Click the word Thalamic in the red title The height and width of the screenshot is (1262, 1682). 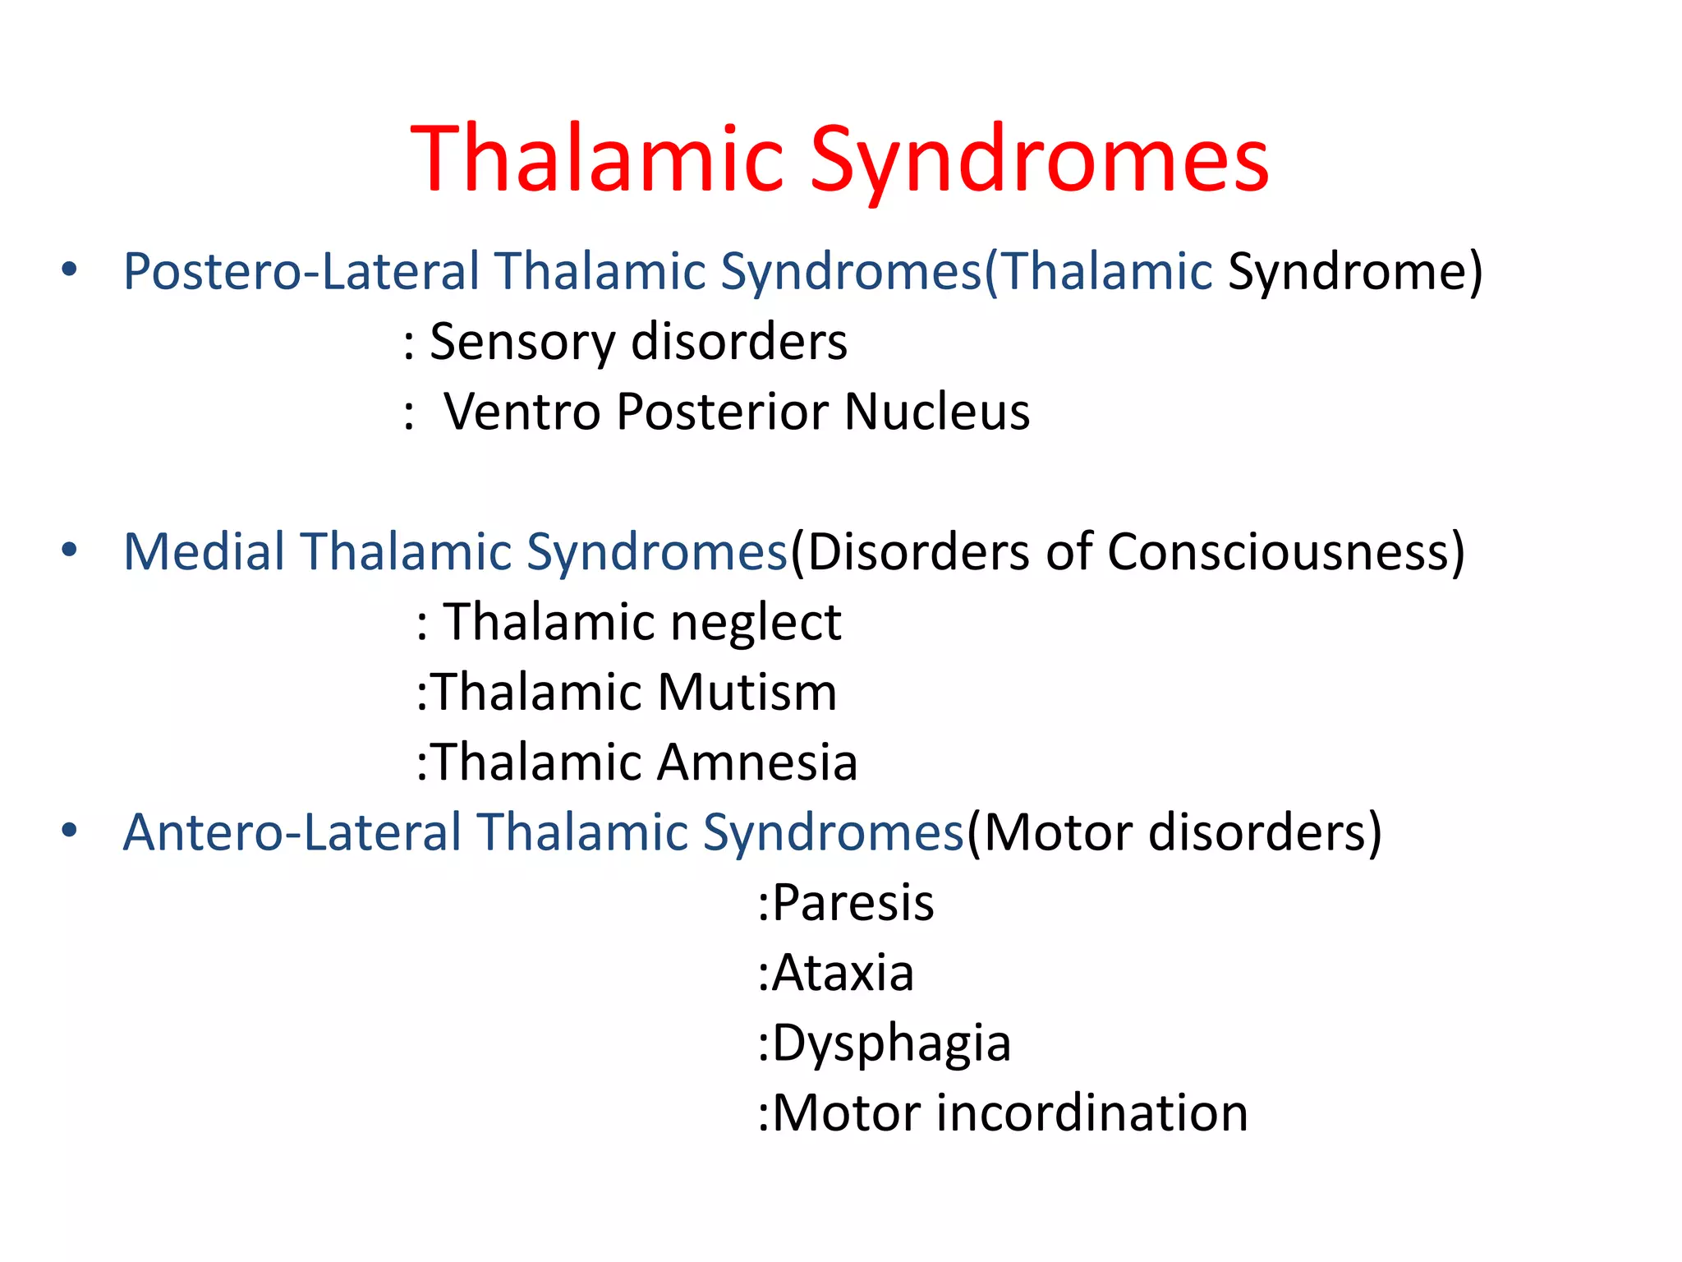pyautogui.click(x=597, y=159)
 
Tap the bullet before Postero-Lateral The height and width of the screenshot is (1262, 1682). pyautogui.click(x=69, y=269)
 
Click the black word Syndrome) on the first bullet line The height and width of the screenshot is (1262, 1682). pyautogui.click(x=1355, y=271)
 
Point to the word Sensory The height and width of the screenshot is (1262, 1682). pyautogui.click(x=522, y=342)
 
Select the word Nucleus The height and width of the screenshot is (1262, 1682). pyautogui.click(x=936, y=412)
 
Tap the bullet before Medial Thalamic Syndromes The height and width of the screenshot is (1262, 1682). pyautogui.click(x=69, y=550)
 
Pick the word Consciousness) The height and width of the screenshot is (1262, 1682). pyautogui.click(x=1285, y=551)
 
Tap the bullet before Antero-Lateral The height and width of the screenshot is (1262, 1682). pyautogui.click(x=69, y=831)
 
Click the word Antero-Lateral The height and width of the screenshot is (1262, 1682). pyautogui.click(x=292, y=832)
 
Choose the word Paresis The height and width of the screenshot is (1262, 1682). pyautogui.click(x=852, y=903)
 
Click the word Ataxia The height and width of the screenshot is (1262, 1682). pyautogui.click(x=843, y=974)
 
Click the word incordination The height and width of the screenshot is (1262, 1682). pyautogui.click(x=1091, y=1113)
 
